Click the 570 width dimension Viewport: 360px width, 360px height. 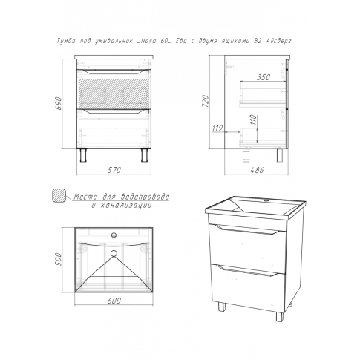point(114,170)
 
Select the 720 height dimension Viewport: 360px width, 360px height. point(206,101)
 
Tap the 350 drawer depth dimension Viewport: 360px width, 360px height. point(264,77)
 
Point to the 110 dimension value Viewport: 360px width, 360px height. point(253,120)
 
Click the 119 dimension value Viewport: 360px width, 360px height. point(217,128)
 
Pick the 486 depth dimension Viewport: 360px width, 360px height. point(257,170)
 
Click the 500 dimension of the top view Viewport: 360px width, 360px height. point(58,259)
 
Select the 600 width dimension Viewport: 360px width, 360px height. point(114,301)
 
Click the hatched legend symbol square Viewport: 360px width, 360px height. point(59,196)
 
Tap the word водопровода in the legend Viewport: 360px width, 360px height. point(145,197)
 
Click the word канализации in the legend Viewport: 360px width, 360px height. point(122,206)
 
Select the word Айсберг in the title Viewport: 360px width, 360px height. point(279,41)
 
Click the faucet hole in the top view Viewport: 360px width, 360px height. point(114,235)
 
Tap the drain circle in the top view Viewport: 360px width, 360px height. point(114,253)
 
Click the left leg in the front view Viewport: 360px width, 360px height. point(83,155)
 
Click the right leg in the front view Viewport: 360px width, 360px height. point(145,155)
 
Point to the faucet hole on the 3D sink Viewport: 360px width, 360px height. point(266,200)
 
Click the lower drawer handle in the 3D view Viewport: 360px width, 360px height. point(247,270)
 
